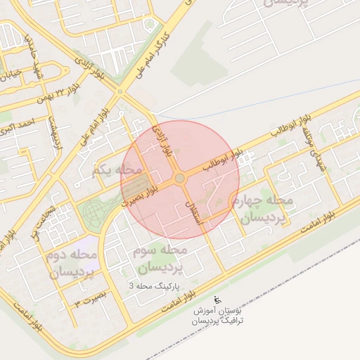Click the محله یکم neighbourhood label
pyautogui.click(x=117, y=169)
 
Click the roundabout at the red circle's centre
pyautogui.click(x=180, y=179)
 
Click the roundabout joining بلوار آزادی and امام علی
pyautogui.click(x=120, y=91)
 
